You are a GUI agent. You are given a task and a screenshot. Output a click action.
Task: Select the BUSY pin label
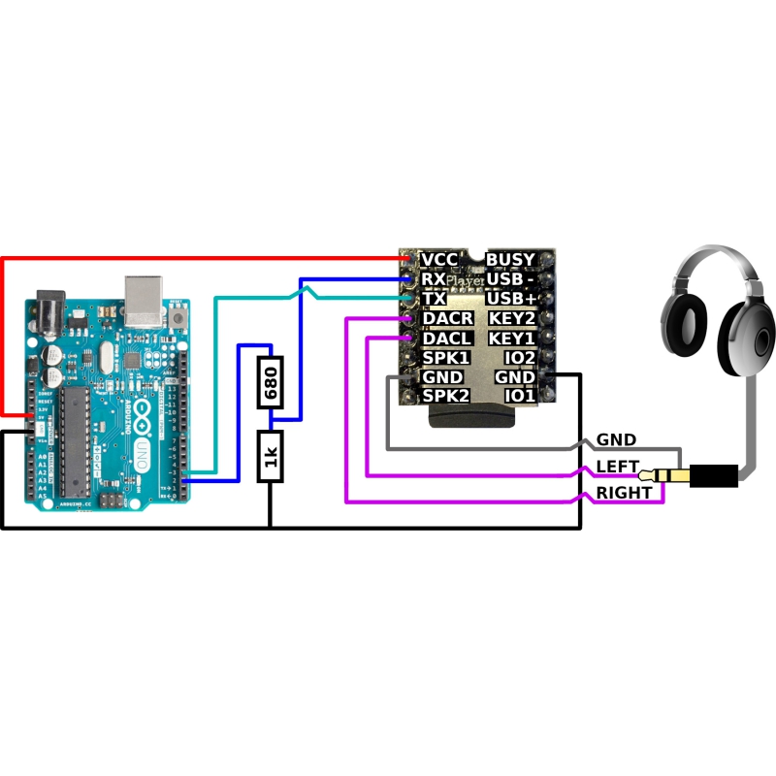click(x=510, y=260)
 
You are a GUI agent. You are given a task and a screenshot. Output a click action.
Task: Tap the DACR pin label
click(x=448, y=318)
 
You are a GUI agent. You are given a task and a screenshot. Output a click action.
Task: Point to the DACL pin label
click(x=448, y=338)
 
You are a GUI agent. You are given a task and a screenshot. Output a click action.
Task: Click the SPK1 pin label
click(x=446, y=358)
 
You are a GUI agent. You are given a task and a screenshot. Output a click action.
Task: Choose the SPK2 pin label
click(x=446, y=396)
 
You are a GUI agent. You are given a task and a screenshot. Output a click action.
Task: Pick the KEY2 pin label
click(x=511, y=318)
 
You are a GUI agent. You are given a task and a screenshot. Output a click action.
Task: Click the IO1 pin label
click(x=520, y=396)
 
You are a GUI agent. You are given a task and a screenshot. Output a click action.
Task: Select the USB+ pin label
click(x=511, y=299)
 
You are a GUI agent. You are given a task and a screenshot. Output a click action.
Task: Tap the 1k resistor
click(x=271, y=456)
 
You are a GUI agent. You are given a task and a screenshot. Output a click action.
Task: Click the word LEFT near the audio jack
click(x=618, y=468)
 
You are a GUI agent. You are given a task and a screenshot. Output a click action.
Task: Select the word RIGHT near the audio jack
click(x=624, y=493)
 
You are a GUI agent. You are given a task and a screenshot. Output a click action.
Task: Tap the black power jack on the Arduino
click(x=50, y=315)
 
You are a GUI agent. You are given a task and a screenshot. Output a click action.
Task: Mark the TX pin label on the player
click(x=435, y=299)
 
